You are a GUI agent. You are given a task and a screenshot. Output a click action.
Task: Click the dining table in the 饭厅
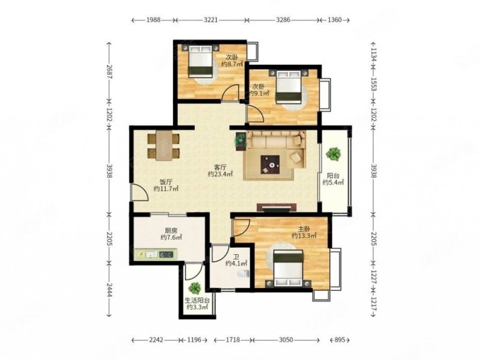164,145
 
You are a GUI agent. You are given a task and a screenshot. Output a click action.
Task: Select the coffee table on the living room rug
270,165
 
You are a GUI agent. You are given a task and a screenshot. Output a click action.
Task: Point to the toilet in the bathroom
246,274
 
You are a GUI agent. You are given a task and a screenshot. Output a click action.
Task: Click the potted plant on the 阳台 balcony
334,154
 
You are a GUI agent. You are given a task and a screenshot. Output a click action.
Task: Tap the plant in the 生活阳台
194,288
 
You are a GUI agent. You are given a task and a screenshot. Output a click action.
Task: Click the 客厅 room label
220,168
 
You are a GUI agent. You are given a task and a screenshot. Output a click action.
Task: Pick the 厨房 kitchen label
171,231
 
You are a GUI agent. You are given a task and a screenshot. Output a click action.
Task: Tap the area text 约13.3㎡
304,236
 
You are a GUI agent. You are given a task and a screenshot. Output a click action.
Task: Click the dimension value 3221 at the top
211,20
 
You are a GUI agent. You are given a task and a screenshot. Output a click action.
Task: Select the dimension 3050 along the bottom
286,340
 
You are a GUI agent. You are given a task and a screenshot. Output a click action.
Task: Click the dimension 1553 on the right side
373,84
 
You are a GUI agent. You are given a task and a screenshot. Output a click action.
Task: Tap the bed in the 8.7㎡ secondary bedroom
201,61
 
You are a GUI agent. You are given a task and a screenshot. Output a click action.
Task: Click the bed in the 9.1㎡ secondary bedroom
288,87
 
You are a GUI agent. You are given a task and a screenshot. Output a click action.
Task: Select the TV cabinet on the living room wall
277,207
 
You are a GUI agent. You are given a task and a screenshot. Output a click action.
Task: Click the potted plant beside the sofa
241,141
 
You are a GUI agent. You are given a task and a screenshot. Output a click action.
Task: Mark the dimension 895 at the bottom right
340,340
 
